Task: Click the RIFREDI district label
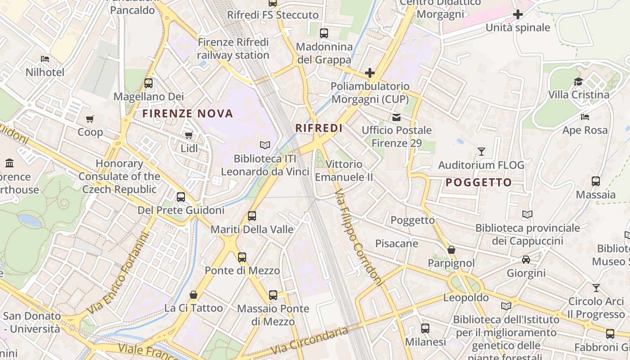[x=319, y=128]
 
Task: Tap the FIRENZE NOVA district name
[x=188, y=113]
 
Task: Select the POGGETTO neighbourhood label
[x=479, y=182]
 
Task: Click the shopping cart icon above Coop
[x=90, y=119]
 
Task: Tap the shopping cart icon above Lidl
[x=189, y=135]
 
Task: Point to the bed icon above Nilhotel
[x=45, y=59]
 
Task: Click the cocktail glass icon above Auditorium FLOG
[x=481, y=152]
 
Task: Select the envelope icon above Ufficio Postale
[x=396, y=117]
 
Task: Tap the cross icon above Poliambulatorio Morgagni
[x=370, y=72]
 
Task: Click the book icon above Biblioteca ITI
[x=265, y=145]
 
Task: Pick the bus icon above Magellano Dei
[x=148, y=83]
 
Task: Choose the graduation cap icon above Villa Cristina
[x=578, y=81]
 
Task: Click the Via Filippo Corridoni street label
[x=359, y=238]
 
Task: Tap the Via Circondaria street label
[x=310, y=341]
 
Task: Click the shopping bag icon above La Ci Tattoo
[x=193, y=295]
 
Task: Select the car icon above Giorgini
[x=526, y=260]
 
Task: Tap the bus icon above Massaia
[x=596, y=181]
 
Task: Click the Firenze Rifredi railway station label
[x=233, y=49]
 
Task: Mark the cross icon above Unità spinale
[x=518, y=14]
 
